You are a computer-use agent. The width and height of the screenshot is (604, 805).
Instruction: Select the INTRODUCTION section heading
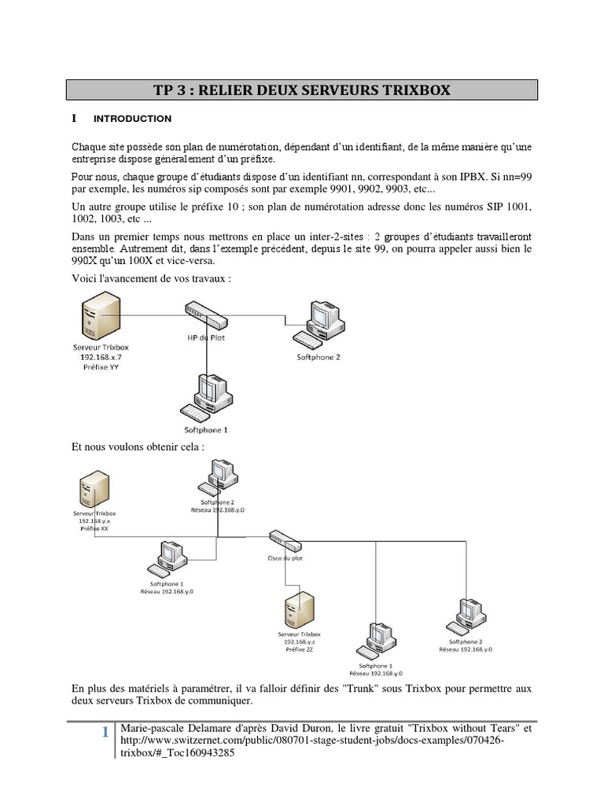tap(132, 119)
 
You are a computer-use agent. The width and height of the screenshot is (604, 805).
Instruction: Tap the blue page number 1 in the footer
tap(105, 733)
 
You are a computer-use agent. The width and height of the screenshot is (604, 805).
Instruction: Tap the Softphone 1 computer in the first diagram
tap(206, 397)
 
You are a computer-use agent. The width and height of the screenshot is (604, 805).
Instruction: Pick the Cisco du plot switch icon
tap(283, 540)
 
